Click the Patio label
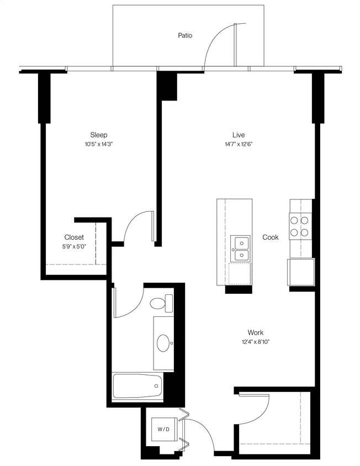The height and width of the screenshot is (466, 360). [185, 35]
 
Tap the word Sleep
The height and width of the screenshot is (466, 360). [99, 135]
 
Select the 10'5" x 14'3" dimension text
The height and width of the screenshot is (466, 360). [99, 144]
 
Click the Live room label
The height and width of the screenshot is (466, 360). [239, 135]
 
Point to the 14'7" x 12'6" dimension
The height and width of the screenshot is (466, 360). [239, 144]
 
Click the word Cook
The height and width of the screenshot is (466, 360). [271, 237]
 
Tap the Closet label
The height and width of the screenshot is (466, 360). [74, 237]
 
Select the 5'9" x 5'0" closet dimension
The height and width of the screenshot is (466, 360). [74, 247]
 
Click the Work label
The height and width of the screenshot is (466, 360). [255, 332]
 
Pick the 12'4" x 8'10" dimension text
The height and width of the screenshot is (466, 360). [255, 342]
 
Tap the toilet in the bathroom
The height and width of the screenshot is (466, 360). [162, 303]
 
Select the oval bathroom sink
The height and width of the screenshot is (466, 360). [164, 343]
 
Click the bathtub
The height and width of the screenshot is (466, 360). [137, 386]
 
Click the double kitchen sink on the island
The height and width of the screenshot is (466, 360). [241, 248]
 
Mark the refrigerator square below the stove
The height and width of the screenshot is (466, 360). [300, 272]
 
